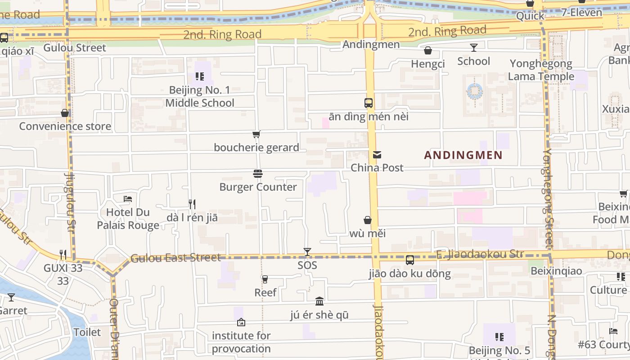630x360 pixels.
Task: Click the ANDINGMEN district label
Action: click(463, 155)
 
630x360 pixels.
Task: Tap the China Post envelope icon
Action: click(377, 155)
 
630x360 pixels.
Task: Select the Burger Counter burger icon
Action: click(258, 174)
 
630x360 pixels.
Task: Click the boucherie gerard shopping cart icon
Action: click(256, 134)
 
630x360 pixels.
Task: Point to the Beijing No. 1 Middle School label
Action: click(200, 96)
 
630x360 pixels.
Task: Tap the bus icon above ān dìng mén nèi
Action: click(369, 103)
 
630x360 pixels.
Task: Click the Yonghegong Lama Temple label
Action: click(541, 70)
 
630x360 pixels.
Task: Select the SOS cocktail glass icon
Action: click(307, 252)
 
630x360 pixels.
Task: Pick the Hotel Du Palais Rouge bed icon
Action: click(128, 198)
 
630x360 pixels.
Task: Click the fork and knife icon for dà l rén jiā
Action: click(192, 204)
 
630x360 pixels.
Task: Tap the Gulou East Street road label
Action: click(175, 258)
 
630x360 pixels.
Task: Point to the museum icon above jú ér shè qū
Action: click(319, 301)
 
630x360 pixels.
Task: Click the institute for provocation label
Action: click(241, 342)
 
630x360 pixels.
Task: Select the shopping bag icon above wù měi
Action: click(368, 220)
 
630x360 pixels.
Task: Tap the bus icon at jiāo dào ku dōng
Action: click(410, 260)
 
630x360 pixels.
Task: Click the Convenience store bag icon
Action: click(65, 113)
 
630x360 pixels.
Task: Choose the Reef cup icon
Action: click(265, 279)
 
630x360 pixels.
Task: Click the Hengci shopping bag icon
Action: click(428, 50)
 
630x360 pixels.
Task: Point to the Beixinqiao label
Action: click(556, 271)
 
